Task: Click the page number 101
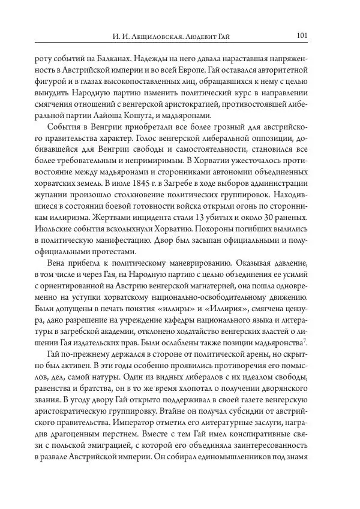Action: [x=302, y=35]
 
